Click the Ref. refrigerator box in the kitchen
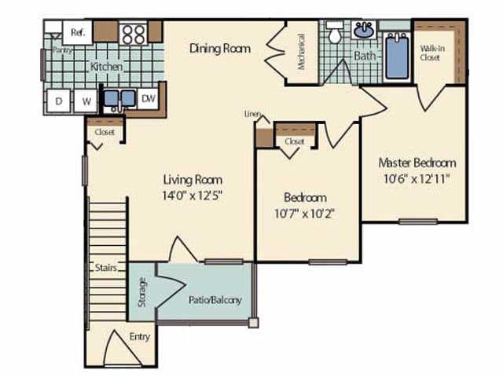pos(78,32)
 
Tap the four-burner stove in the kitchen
pos(134,33)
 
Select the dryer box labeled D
pos(59,100)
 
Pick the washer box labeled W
pos(86,100)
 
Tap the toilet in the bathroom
pos(335,34)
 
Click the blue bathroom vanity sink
pos(363,31)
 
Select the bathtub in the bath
pos(397,55)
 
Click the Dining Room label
pos(220,49)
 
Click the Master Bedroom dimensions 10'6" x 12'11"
pos(417,179)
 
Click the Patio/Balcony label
pos(215,300)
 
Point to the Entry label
pos(140,337)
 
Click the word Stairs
pos(106,268)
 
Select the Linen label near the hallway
pos(252,114)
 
